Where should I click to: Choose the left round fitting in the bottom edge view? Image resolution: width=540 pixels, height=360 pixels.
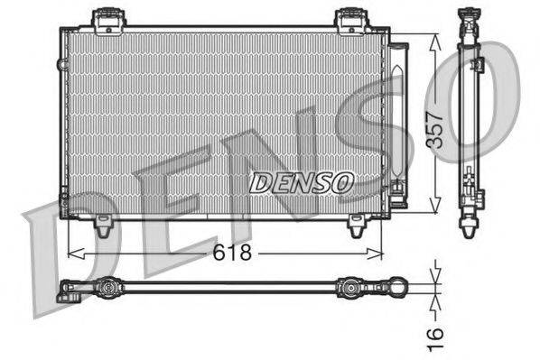pyautogui.click(x=108, y=289)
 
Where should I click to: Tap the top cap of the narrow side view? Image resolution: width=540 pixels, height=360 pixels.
pyautogui.click(x=469, y=16)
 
